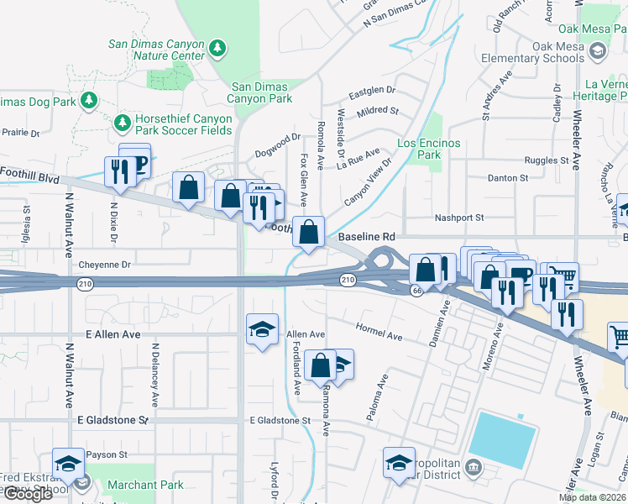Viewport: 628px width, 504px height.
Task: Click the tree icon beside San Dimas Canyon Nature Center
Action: tap(218, 48)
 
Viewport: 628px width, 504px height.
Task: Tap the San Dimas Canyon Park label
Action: tap(262, 92)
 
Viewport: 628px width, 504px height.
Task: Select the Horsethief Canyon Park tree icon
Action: tap(123, 124)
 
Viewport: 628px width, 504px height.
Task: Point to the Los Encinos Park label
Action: tap(429, 149)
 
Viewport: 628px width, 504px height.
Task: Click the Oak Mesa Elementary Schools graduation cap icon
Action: tap(597, 52)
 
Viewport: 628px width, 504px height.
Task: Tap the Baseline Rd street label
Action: tap(366, 238)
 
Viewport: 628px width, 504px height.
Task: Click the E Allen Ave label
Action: tap(113, 334)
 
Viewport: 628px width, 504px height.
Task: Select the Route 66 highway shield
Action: tap(416, 290)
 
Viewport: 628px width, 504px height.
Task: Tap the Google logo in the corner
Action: tap(28, 494)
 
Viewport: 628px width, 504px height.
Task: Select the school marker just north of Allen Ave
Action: tap(262, 328)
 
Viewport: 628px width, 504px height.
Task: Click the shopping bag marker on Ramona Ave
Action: tap(321, 366)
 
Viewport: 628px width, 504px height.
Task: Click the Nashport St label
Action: tap(458, 218)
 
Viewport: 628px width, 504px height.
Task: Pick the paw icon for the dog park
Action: tap(88, 102)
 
